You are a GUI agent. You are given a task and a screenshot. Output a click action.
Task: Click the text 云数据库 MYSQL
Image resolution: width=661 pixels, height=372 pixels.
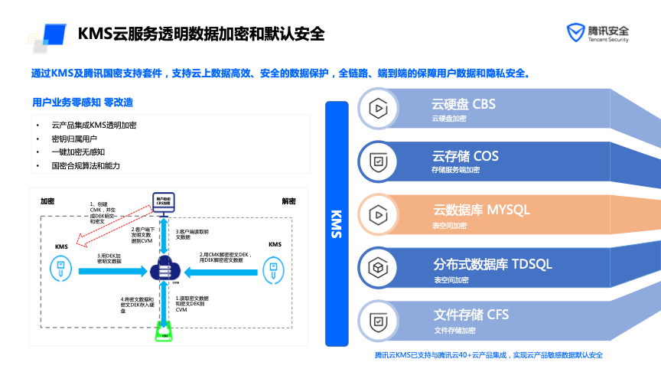click(x=481, y=209)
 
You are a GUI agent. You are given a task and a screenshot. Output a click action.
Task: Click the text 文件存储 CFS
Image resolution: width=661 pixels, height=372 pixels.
click(x=471, y=315)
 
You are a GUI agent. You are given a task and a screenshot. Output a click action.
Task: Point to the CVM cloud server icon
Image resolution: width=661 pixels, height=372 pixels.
click(x=163, y=269)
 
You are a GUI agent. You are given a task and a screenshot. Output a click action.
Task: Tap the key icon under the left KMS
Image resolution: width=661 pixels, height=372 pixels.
click(x=62, y=269)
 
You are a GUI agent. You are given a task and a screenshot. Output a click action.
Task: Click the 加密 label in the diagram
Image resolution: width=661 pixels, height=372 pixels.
click(x=47, y=201)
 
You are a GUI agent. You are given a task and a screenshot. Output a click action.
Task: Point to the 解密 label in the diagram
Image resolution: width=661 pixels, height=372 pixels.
click(x=288, y=201)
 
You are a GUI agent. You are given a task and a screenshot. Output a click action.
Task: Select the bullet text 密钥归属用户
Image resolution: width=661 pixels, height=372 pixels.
click(x=73, y=139)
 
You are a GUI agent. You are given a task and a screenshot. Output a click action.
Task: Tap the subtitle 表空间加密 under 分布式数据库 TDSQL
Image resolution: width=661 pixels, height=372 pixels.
click(x=451, y=279)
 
